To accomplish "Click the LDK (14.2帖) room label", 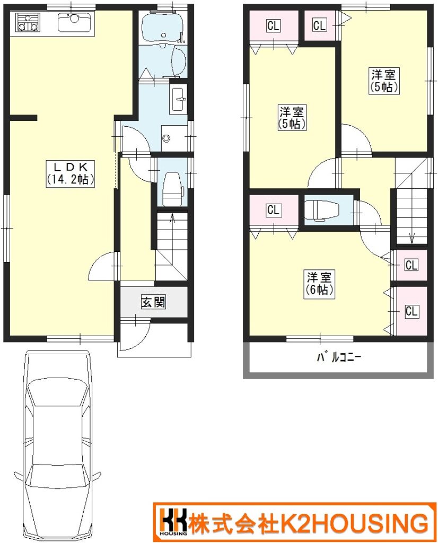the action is tap(71, 173).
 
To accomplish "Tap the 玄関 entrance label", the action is tap(153, 302).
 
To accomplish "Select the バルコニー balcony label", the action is tap(339, 357).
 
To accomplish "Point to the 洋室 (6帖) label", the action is tap(319, 284).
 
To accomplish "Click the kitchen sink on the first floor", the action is tap(74, 22).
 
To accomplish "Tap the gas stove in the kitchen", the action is tap(27, 22).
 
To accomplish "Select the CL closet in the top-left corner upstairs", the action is tap(274, 25).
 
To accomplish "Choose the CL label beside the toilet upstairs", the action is tap(274, 210).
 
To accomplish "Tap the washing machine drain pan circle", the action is tap(167, 138).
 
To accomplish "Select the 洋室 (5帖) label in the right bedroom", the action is tap(383, 81).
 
